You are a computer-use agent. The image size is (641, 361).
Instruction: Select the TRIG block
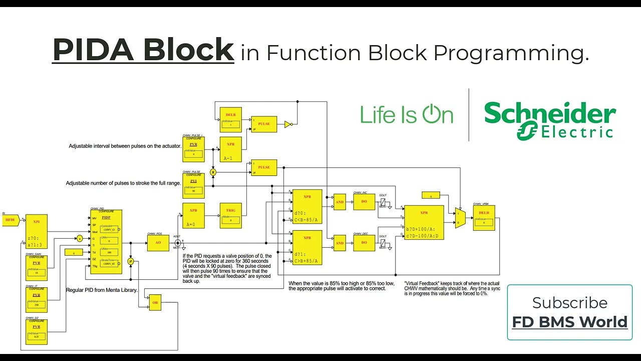tap(230, 215)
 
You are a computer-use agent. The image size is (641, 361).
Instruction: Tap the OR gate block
tap(155, 302)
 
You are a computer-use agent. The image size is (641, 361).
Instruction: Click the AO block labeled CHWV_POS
tap(158, 243)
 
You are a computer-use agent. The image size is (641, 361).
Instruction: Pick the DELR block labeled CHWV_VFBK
tap(484, 218)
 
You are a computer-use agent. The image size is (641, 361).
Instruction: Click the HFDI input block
tap(11, 220)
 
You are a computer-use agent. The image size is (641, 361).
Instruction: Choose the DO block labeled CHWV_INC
tap(364, 202)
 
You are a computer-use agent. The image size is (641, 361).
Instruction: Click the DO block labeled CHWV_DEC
tap(364, 243)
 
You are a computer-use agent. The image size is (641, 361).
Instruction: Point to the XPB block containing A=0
tap(193, 215)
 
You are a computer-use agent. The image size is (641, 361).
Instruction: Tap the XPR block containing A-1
tap(230, 149)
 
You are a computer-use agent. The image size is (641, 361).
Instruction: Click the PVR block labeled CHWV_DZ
tap(36, 331)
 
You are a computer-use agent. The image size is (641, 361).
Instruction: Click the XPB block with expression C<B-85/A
tap(307, 206)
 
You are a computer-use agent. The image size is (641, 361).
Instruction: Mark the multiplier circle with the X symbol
tap(213, 172)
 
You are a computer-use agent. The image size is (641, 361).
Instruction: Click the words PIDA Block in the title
tap(143, 50)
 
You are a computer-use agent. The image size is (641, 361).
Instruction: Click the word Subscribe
tap(569, 302)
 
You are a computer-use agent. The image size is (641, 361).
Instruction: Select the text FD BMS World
tap(569, 321)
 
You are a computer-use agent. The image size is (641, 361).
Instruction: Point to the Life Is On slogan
tap(407, 115)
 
